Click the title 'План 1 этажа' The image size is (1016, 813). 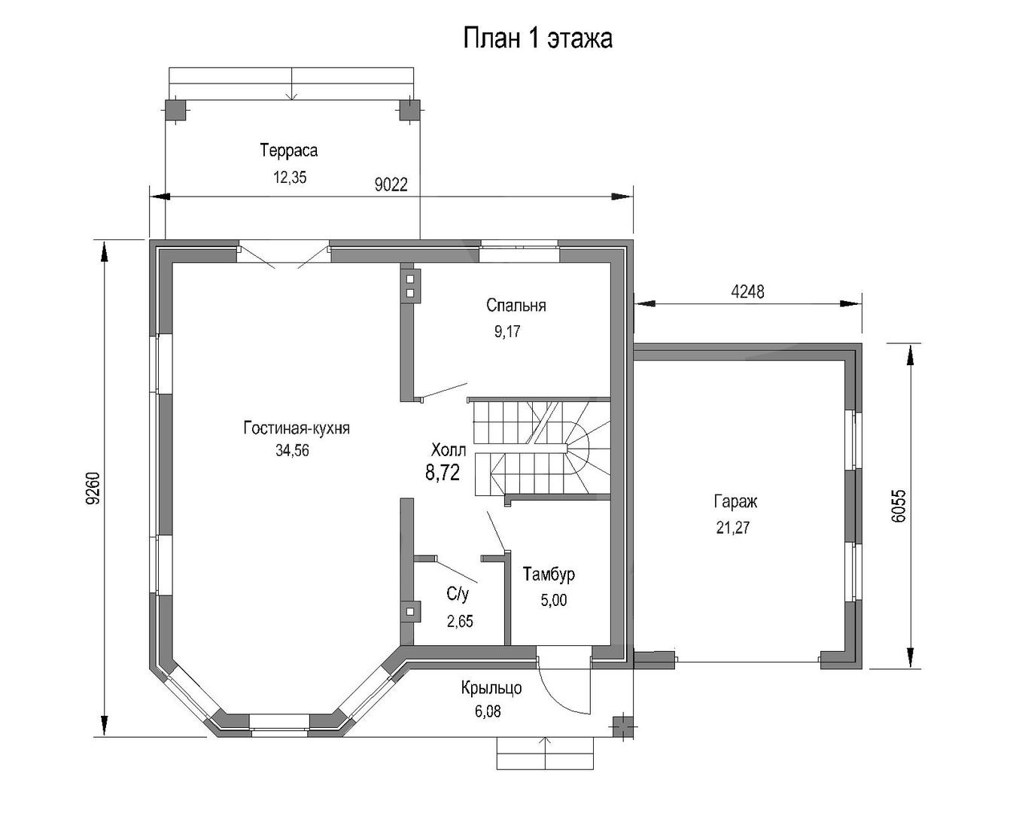click(537, 38)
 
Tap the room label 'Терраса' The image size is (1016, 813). click(288, 151)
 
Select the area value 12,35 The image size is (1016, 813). click(290, 177)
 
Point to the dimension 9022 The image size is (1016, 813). click(391, 184)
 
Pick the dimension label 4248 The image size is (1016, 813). click(747, 292)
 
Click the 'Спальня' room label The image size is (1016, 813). click(516, 305)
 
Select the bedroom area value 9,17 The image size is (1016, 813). click(507, 332)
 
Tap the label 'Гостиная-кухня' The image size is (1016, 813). click(297, 428)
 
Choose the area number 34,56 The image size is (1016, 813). click(292, 450)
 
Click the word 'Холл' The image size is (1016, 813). click(448, 449)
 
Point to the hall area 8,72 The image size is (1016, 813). click(443, 473)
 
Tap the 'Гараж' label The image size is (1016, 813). click(735, 501)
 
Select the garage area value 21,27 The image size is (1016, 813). click(733, 528)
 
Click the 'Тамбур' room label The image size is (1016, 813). click(549, 574)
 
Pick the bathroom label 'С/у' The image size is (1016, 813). click(458, 595)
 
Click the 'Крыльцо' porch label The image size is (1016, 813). click(491, 688)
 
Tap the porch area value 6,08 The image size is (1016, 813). click(488, 711)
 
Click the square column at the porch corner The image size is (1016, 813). click(622, 727)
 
